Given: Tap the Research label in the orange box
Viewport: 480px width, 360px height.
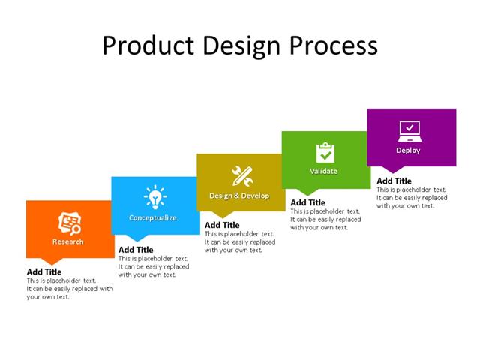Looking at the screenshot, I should click(68, 241).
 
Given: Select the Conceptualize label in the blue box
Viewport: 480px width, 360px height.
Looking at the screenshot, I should click(153, 218).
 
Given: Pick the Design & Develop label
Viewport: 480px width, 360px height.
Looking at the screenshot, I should click(238, 196).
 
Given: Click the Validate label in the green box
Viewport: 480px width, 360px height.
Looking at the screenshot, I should click(324, 172).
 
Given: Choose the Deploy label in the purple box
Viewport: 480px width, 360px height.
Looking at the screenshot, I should click(409, 150).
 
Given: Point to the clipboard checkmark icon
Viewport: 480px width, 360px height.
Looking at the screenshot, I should click(325, 152).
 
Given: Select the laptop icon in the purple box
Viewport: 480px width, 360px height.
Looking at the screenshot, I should click(409, 130).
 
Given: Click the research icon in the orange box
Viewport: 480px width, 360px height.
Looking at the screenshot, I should click(70, 223).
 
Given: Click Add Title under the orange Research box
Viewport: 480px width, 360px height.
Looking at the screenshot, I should click(44, 271).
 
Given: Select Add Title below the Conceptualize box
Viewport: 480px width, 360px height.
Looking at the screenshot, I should click(136, 250).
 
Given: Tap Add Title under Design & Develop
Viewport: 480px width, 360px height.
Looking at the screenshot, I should click(222, 225).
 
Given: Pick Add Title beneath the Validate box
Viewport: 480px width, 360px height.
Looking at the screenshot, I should click(307, 202).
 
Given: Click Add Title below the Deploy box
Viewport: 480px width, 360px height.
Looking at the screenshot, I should click(394, 181).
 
